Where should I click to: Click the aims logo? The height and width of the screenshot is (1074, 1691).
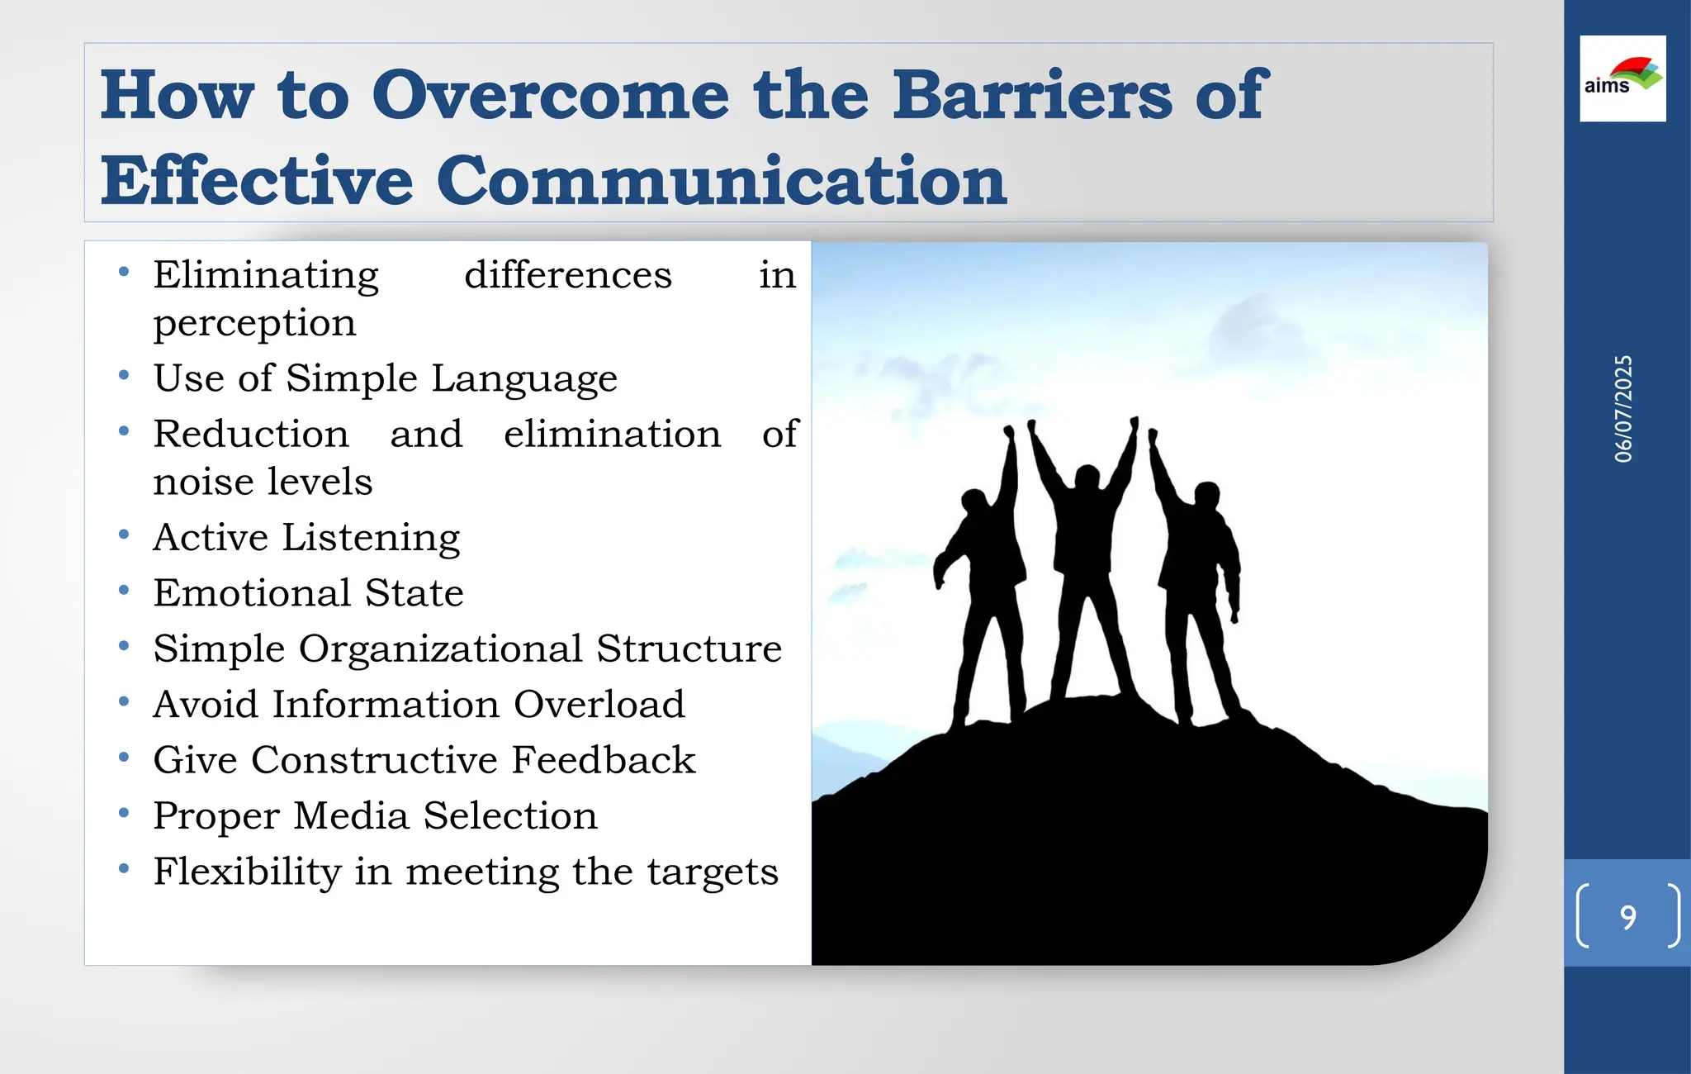pyautogui.click(x=1622, y=78)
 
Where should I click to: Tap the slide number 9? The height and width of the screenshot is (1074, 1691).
pyautogui.click(x=1627, y=917)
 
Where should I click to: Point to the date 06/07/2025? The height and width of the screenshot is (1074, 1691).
pyautogui.click(x=1623, y=409)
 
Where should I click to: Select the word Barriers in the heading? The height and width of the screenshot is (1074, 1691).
pyautogui.click(x=1032, y=95)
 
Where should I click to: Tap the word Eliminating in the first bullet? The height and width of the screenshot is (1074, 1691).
pyautogui.click(x=266, y=275)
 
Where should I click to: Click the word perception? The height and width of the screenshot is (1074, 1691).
pyautogui.click(x=254, y=323)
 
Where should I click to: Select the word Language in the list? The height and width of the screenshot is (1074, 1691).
pyautogui.click(x=523, y=379)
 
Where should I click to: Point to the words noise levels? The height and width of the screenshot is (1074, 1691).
pyautogui.click(x=263, y=482)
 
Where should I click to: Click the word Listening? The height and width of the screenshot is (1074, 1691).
pyautogui.click(x=371, y=538)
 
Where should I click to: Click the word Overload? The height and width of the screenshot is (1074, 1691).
pyautogui.click(x=599, y=705)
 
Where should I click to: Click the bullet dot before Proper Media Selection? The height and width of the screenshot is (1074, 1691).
pyautogui.click(x=124, y=813)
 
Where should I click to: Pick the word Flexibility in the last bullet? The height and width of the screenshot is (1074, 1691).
pyautogui.click(x=247, y=872)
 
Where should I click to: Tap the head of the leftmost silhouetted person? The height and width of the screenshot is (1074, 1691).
pyautogui.click(x=974, y=501)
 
